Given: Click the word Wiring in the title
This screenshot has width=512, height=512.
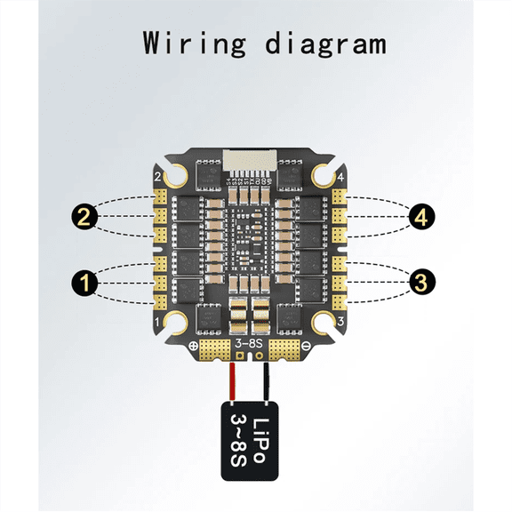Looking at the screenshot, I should [191, 43].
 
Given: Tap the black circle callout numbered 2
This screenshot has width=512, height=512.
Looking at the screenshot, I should [84, 214].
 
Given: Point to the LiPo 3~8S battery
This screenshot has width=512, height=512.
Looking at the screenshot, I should [250, 440].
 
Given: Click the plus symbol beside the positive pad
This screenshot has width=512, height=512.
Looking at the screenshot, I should [193, 347].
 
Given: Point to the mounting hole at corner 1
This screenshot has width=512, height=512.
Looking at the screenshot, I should [174, 322].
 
